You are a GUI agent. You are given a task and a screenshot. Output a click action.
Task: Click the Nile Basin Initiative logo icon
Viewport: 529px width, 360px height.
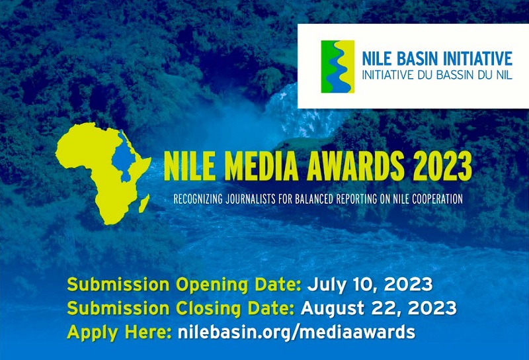337,66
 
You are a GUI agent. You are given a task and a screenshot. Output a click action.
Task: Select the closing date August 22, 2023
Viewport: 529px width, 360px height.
379,308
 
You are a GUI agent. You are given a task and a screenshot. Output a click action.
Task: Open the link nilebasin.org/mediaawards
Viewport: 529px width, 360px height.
297,332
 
